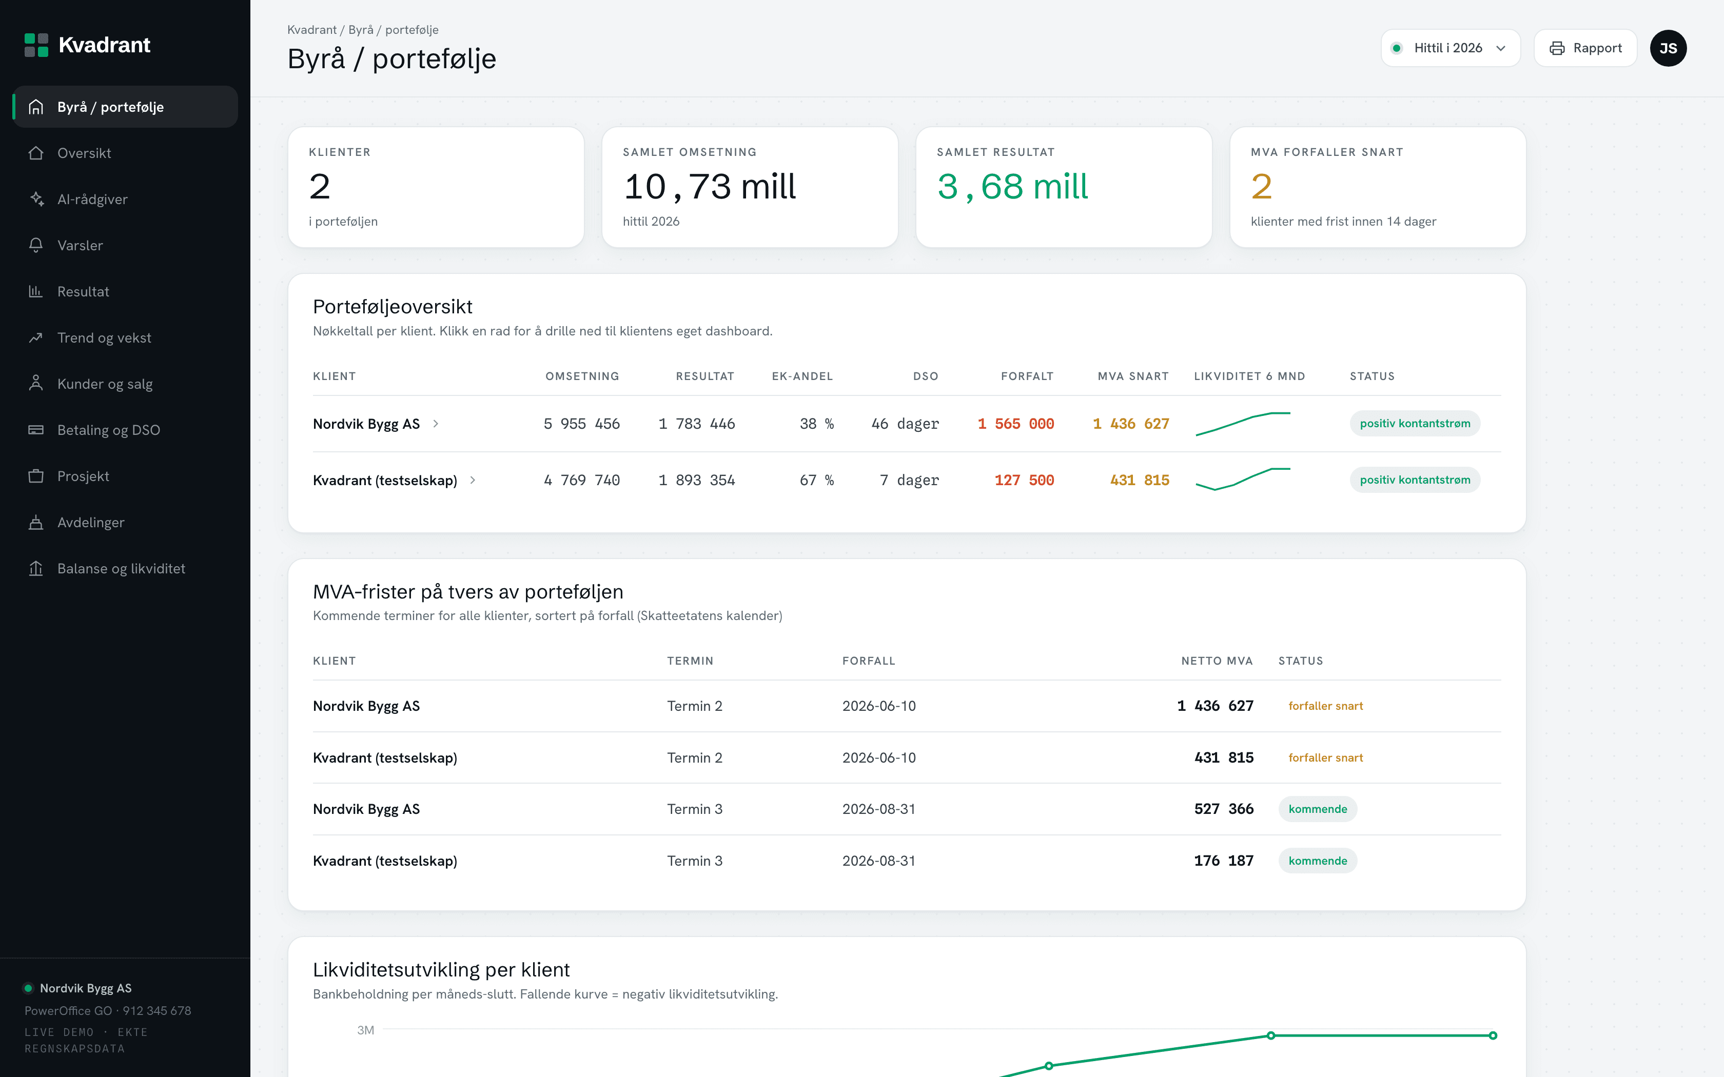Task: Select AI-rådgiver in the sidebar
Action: (92, 200)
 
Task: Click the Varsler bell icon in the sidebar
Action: (35, 245)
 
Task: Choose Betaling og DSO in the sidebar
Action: (108, 430)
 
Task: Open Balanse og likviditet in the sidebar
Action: (121, 568)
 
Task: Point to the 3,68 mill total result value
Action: (1012, 187)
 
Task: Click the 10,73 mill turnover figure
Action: (710, 187)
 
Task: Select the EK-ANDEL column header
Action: (802, 376)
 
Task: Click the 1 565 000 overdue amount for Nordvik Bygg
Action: (1016, 424)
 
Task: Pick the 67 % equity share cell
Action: (816, 480)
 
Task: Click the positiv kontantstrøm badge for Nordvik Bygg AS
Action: (1415, 424)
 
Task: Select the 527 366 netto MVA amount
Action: (1224, 809)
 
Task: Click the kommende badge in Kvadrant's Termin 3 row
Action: (1318, 861)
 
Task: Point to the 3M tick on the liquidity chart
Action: (365, 1030)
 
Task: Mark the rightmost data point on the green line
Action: (1493, 1035)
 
